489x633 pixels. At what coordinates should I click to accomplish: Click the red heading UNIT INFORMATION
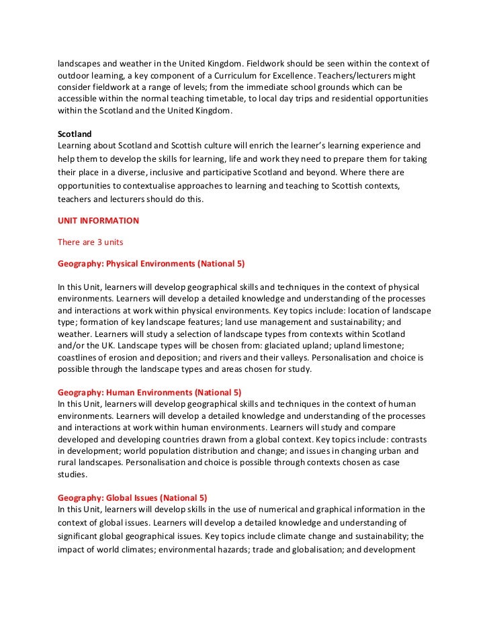pyautogui.click(x=98, y=220)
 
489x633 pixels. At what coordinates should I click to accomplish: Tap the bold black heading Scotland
pyautogui.click(x=75, y=134)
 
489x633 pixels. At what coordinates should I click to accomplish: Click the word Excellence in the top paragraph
pyautogui.click(x=278, y=75)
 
